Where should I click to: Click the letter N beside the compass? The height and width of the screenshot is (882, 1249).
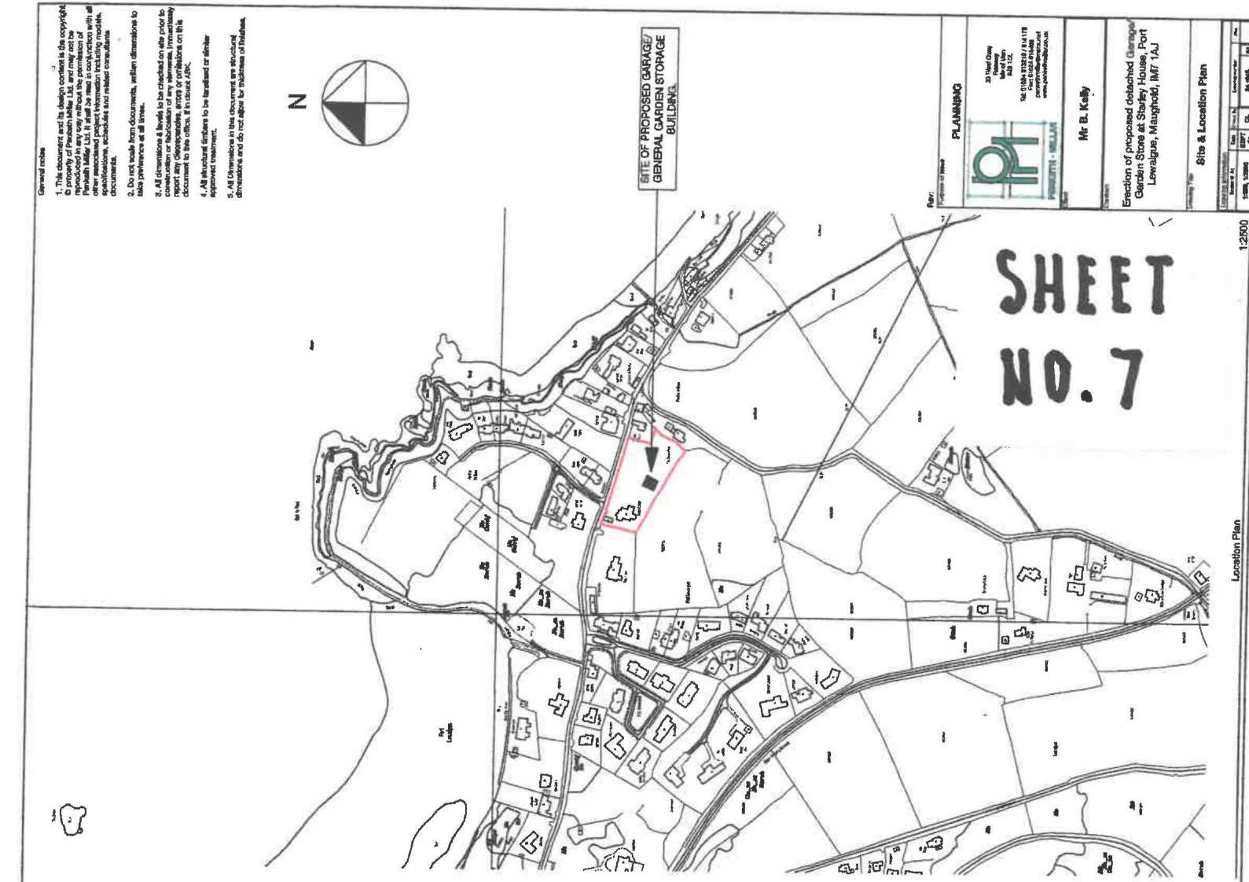tap(296, 102)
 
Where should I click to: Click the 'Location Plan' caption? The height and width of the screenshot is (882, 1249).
tap(1236, 549)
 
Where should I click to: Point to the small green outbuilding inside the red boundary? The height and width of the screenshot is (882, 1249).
tap(608, 520)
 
